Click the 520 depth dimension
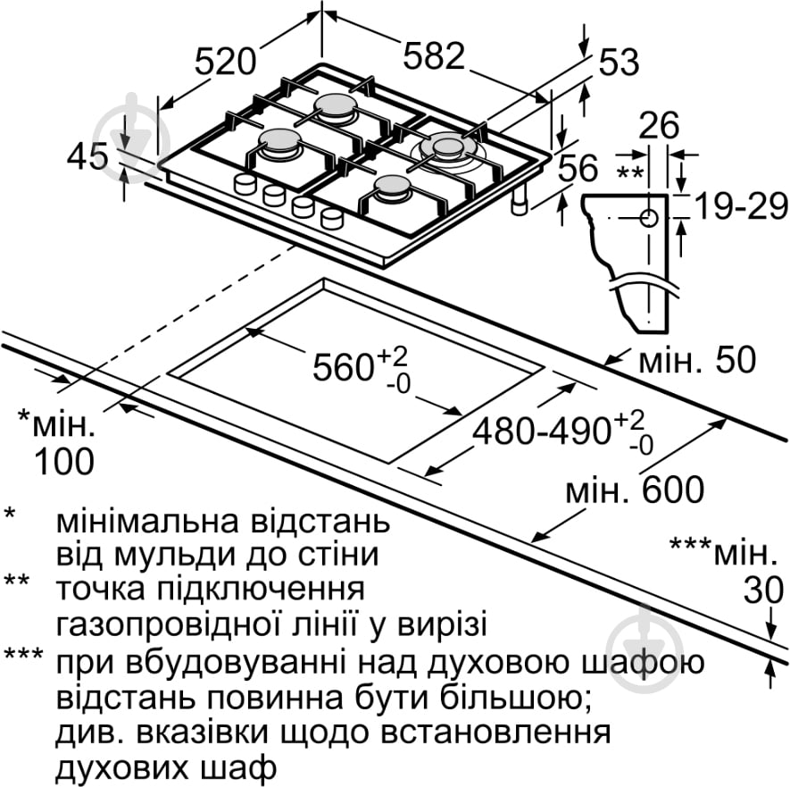(x=226, y=61)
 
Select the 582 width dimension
(x=434, y=57)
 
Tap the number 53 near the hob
(x=619, y=63)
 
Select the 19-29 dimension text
(x=742, y=207)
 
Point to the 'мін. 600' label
(x=635, y=489)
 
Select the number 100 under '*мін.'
(x=63, y=461)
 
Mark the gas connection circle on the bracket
(x=649, y=217)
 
